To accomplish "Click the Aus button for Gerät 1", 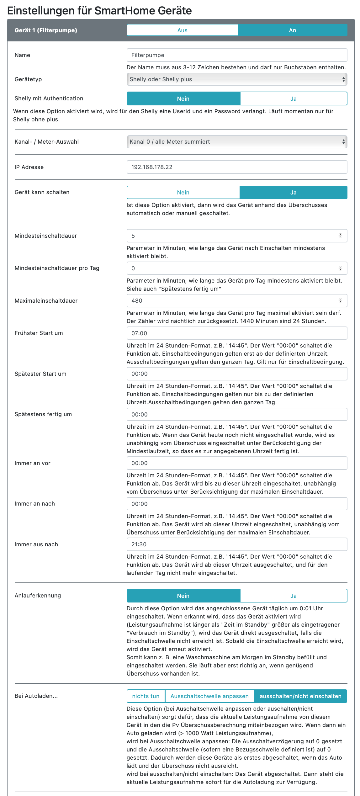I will (182, 30).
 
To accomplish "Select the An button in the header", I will (292, 30).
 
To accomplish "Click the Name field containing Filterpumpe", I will (237, 55).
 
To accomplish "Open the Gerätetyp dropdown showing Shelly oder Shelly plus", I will (237, 79).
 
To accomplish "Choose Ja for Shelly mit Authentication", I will (293, 98).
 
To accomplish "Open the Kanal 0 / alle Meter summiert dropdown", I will (237, 142).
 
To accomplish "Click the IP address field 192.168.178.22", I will (237, 167).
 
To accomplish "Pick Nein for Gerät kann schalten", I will (183, 193).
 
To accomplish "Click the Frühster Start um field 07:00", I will (237, 333).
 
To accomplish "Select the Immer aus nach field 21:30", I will (237, 544).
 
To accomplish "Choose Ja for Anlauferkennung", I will (293, 596).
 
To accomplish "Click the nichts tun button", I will (146, 696).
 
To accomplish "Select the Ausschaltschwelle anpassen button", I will (209, 696).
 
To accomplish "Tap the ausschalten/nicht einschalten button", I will (300, 696).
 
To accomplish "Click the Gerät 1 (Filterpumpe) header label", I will (46, 30).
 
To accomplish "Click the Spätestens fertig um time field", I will (237, 415).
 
